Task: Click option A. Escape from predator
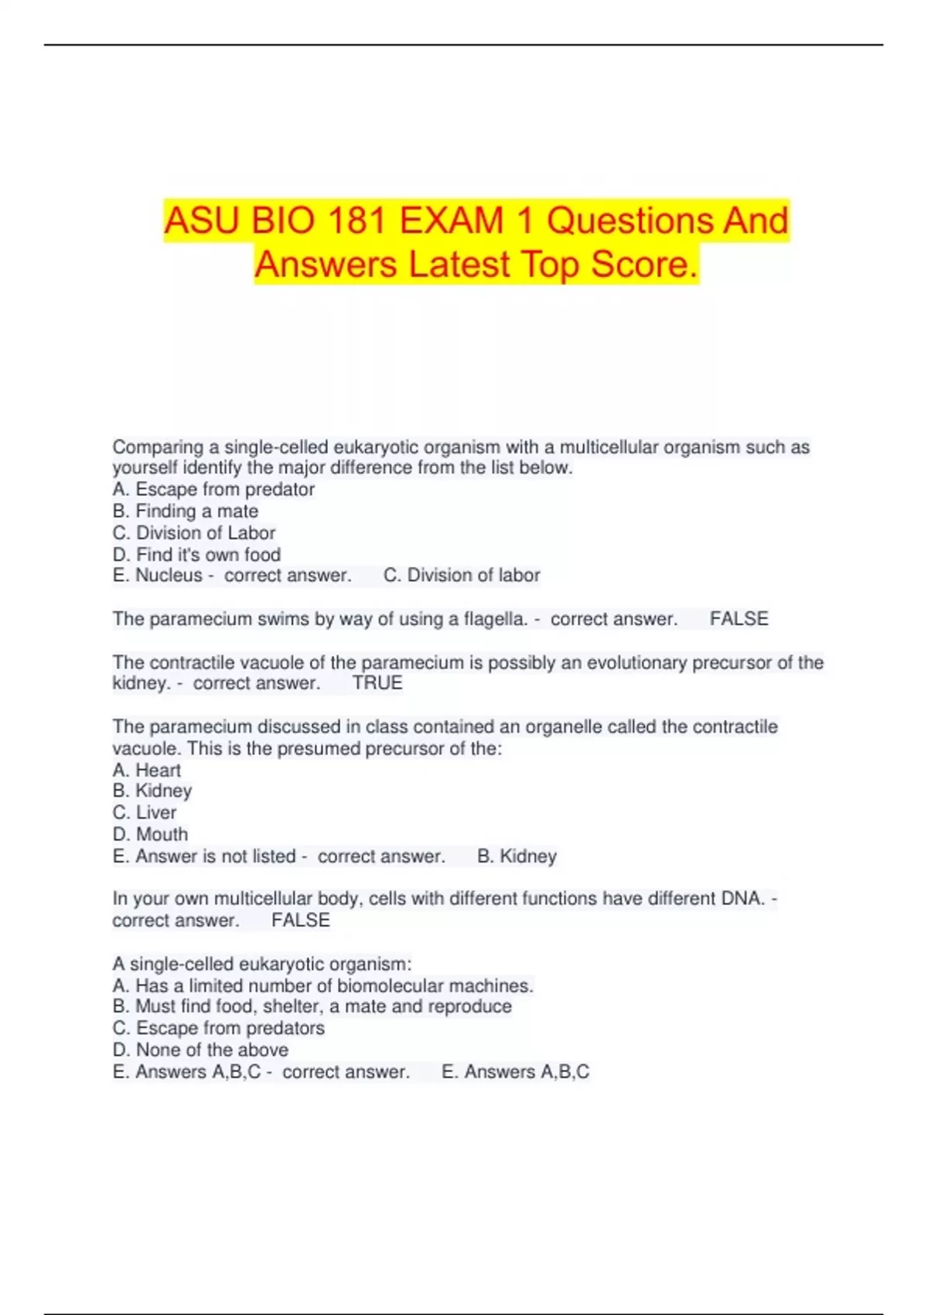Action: [x=213, y=490]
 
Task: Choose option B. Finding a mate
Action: [x=186, y=511]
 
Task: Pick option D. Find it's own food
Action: [x=196, y=555]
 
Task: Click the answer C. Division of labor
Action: [x=462, y=576]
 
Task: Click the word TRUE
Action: [x=377, y=683]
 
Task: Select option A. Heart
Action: [x=147, y=770]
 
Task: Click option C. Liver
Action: [x=145, y=813]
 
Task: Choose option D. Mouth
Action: [x=150, y=835]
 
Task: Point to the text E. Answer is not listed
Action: [x=204, y=856]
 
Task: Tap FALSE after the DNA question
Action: [x=301, y=920]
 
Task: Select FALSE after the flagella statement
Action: [x=739, y=620]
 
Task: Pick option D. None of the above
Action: [x=200, y=1050]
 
